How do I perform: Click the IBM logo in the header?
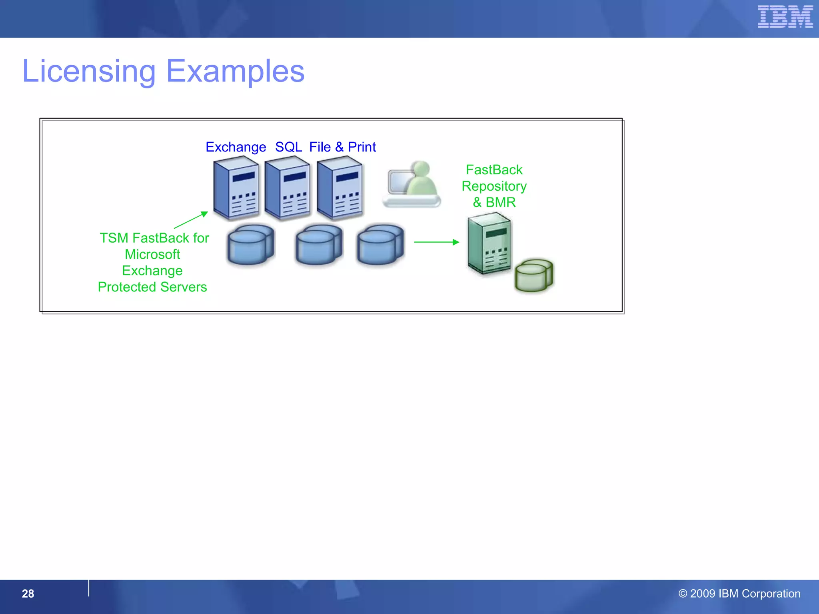[785, 17]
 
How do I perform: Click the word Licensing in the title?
[89, 72]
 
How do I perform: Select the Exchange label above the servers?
[236, 147]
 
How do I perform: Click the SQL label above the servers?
[288, 147]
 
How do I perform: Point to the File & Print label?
[342, 147]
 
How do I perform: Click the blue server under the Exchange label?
[236, 188]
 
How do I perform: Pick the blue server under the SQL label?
[288, 188]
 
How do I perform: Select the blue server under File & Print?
[340, 188]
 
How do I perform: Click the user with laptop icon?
[412, 184]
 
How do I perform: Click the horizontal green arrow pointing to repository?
[436, 242]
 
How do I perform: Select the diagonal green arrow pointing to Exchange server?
[191, 220]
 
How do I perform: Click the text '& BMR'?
[494, 202]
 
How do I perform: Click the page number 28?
[28, 594]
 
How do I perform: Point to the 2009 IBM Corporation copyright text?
[739, 594]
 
